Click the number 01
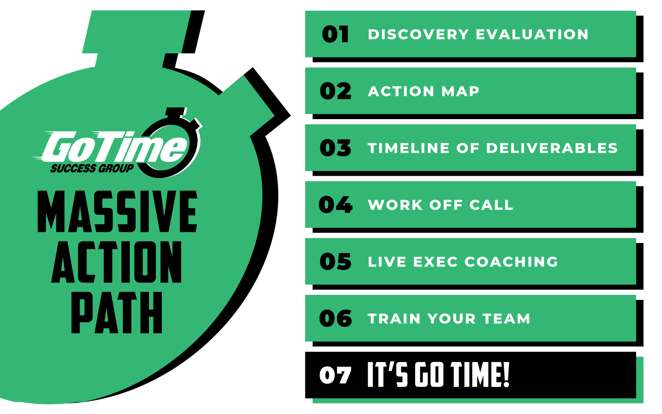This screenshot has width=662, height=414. [335, 34]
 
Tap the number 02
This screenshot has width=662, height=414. [336, 91]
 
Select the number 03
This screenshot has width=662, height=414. [336, 148]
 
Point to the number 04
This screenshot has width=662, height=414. [336, 205]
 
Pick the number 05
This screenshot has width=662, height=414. [336, 262]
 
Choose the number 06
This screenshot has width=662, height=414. [336, 318]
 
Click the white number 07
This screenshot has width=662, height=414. [336, 375]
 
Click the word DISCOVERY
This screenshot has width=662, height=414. [418, 34]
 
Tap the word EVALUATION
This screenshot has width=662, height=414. [532, 34]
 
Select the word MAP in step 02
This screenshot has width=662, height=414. [460, 91]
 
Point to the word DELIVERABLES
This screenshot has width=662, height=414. [552, 148]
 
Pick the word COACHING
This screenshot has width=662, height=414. [511, 262]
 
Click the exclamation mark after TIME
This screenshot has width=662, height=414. [506, 374]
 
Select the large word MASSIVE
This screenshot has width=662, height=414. [117, 212]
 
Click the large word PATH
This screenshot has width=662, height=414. [117, 313]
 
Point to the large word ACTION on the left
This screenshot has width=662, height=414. [117, 262]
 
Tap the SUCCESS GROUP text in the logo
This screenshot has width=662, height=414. [92, 168]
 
